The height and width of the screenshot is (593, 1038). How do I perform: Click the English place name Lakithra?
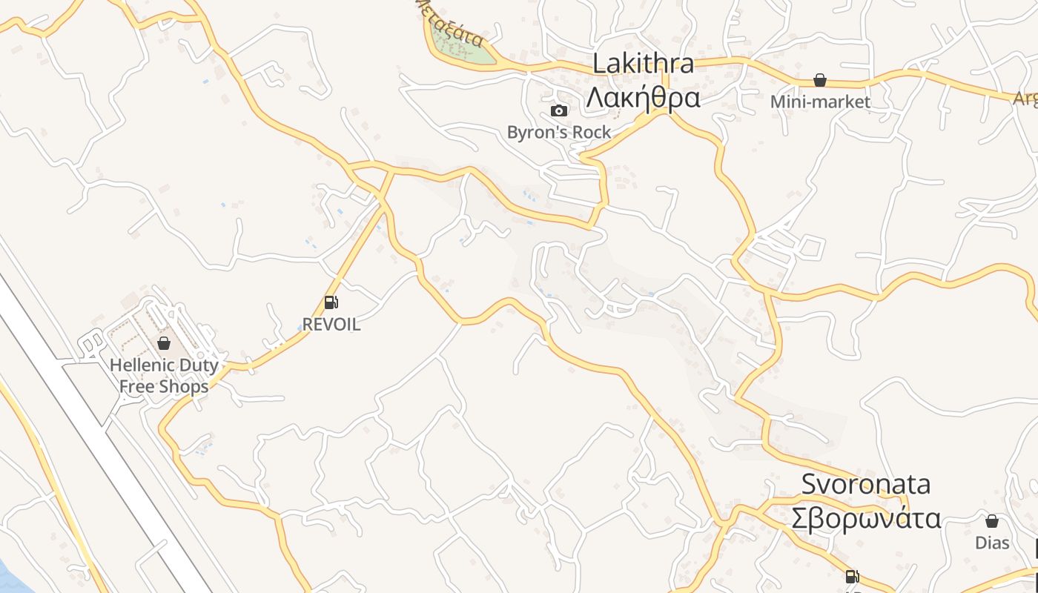click(644, 64)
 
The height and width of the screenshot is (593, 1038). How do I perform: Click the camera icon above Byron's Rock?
click(559, 111)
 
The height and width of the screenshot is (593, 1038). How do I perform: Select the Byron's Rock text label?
click(559, 133)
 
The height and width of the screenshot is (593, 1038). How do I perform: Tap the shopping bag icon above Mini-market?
click(820, 80)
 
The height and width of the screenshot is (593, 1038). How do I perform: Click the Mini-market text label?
click(820, 102)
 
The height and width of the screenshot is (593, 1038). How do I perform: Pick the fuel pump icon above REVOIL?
click(331, 302)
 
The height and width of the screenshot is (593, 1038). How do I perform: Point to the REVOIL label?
click(331, 324)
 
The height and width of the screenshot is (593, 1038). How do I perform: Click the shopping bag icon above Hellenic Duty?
click(164, 343)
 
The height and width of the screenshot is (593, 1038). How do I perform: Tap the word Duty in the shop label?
click(200, 365)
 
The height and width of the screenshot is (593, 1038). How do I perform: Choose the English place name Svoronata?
click(866, 484)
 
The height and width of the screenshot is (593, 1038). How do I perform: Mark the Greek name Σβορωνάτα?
click(866, 518)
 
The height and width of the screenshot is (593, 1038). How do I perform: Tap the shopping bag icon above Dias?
click(992, 521)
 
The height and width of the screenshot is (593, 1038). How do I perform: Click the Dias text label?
click(992, 543)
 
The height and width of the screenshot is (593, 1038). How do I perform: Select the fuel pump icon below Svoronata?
click(853, 577)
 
